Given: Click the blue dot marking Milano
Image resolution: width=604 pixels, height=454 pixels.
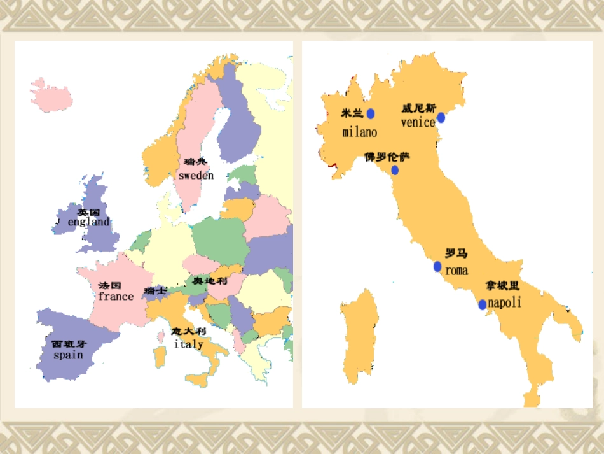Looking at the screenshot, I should (x=371, y=113).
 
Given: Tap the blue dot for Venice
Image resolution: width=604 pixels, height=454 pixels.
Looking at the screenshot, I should (x=441, y=117).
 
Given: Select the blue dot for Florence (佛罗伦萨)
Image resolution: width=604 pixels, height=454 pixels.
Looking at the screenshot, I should (x=395, y=170).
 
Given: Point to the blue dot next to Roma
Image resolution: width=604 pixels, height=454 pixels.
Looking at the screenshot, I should (x=437, y=266).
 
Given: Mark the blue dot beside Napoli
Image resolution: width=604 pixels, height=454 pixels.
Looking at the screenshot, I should (x=483, y=304).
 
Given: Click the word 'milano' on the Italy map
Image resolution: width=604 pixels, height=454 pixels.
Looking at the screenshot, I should (x=359, y=132).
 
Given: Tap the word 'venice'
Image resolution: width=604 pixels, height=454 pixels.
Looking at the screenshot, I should (x=418, y=122).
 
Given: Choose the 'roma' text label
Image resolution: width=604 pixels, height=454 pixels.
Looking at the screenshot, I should (x=456, y=271).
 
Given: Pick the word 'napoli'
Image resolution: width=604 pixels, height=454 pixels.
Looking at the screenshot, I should (x=504, y=302).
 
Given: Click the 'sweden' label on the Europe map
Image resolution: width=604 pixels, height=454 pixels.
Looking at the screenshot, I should (x=196, y=175).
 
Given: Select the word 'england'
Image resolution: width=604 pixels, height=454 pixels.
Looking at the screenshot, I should (x=89, y=222).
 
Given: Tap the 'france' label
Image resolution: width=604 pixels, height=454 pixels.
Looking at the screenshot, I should (x=116, y=296).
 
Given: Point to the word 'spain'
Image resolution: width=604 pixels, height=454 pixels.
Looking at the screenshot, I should (x=68, y=355).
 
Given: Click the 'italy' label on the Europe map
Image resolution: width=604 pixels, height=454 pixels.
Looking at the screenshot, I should (x=189, y=344).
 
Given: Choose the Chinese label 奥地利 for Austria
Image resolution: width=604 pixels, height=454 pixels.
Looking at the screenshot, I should (x=210, y=281).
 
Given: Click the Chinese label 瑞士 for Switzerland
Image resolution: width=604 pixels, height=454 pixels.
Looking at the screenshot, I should (x=156, y=290).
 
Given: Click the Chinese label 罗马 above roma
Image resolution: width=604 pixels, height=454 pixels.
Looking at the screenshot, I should (x=456, y=253).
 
